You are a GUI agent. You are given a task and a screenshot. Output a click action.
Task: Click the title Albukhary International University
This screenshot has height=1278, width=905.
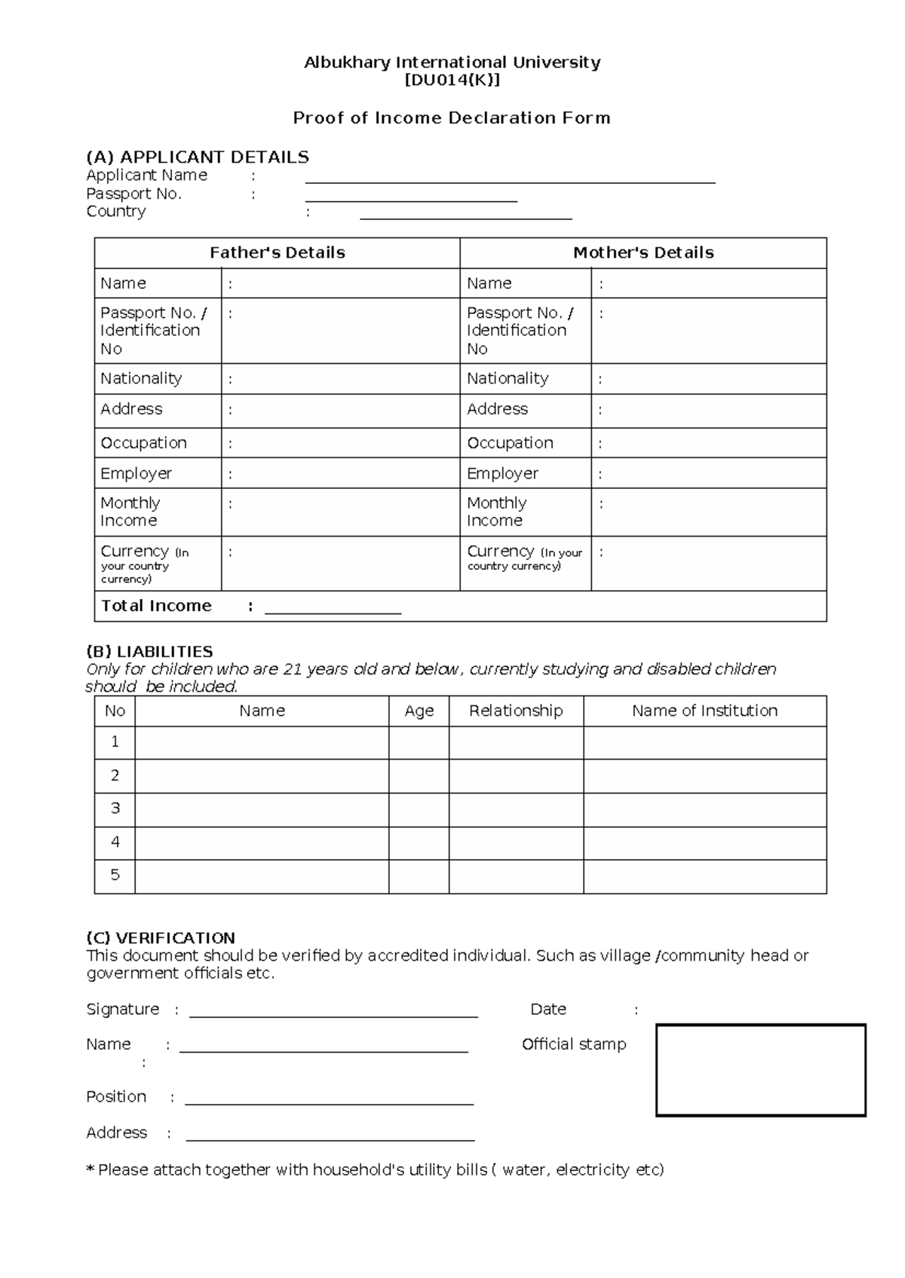[452, 63]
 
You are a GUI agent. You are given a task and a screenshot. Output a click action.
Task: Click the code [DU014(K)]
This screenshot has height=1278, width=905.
[452, 81]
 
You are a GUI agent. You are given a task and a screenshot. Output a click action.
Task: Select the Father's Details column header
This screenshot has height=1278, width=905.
[277, 253]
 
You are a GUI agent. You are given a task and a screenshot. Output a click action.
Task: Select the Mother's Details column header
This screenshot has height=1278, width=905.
[643, 253]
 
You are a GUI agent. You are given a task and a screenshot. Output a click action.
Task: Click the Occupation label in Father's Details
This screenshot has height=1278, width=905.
[143, 443]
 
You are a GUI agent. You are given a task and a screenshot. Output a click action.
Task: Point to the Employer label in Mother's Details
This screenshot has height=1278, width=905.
[502, 474]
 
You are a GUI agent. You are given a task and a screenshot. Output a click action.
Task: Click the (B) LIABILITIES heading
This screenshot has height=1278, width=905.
[149, 652]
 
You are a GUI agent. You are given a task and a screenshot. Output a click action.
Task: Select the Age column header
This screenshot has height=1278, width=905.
[419, 711]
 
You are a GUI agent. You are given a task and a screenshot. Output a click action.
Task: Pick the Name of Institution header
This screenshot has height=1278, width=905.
[704, 711]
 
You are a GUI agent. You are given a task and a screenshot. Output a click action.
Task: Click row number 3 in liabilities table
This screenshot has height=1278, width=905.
[115, 809]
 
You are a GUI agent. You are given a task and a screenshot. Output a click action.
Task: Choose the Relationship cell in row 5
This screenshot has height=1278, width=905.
[516, 876]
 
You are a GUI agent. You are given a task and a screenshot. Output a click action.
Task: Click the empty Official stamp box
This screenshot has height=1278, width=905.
[760, 1070]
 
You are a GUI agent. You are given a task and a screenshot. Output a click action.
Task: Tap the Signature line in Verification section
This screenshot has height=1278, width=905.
[333, 1014]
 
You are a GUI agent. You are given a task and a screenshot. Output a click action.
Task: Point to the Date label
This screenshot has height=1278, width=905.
[548, 1010]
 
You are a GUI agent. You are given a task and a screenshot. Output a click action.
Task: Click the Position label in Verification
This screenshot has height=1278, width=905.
[116, 1097]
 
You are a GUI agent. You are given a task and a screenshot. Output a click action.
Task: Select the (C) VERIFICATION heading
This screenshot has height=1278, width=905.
[161, 938]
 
